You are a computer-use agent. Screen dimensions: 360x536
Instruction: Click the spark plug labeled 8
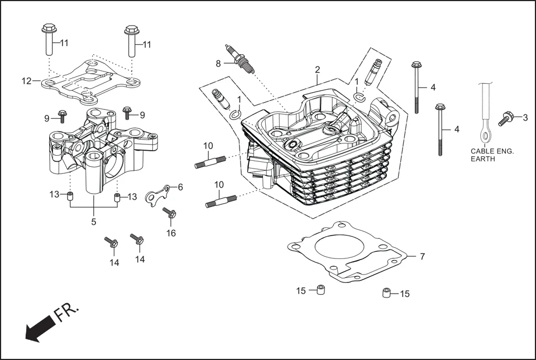tap(240, 59)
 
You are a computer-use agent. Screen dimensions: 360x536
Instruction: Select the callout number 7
tap(422, 256)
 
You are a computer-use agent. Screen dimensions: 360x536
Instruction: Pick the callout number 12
tap(26, 81)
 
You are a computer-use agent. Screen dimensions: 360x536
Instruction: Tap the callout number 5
tap(93, 222)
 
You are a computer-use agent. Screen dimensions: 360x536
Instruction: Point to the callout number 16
tap(171, 233)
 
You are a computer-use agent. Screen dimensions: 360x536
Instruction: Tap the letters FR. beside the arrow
tap(68, 313)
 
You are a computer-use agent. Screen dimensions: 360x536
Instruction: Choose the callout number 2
tap(317, 70)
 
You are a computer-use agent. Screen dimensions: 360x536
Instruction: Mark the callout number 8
tap(218, 63)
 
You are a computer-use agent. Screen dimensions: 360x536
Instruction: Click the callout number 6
tap(180, 187)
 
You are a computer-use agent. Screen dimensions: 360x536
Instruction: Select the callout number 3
tap(525, 117)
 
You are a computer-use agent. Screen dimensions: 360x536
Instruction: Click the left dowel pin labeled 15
tap(320, 290)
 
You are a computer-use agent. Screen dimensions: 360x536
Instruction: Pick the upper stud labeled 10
tap(210, 162)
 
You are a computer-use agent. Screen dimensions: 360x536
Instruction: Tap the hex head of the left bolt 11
tap(47, 28)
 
